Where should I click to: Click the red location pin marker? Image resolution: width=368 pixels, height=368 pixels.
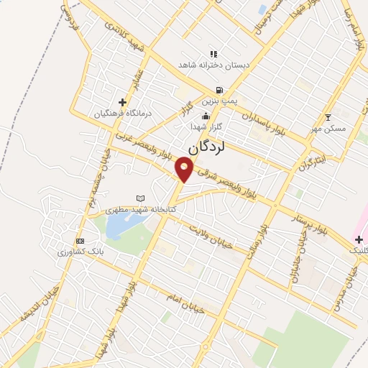[185, 170]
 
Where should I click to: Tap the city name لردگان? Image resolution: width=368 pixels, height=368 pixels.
[207, 148]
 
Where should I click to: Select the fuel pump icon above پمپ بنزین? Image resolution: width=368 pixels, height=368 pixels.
[217, 91]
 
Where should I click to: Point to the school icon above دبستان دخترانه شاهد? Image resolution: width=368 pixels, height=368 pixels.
[213, 54]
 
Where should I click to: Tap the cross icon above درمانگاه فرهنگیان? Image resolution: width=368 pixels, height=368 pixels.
[122, 103]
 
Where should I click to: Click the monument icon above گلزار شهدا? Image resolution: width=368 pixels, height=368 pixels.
[206, 116]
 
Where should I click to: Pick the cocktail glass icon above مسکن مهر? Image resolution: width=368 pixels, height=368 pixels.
[328, 117]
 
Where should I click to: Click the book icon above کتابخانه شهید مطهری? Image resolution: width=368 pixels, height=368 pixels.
[140, 198]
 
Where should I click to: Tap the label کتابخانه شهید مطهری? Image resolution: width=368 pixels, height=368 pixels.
[141, 210]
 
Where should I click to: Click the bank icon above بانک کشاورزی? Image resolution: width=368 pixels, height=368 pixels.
[80, 241]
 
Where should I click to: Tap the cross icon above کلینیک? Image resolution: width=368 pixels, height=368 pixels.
[359, 239]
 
